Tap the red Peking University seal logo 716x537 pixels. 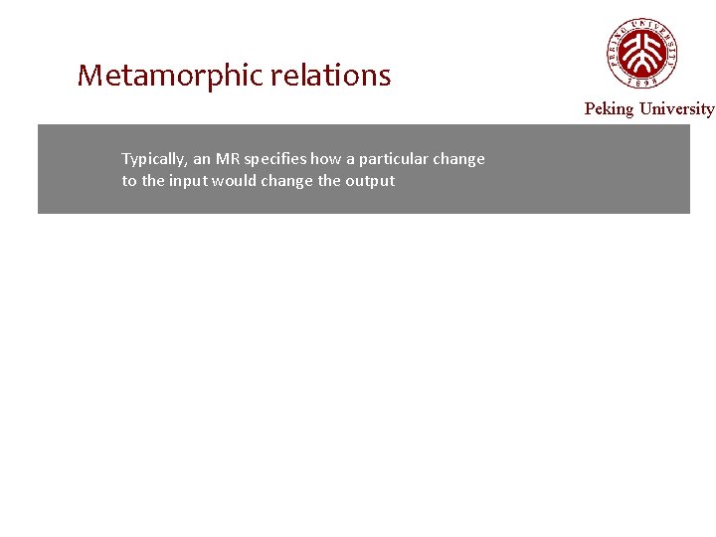[642, 52]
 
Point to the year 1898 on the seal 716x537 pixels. [642, 84]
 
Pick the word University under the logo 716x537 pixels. [676, 108]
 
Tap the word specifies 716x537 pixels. [274, 159]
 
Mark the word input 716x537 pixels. [189, 181]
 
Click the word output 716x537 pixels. [371, 181]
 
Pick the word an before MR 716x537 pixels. [202, 159]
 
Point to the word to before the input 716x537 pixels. [128, 181]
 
